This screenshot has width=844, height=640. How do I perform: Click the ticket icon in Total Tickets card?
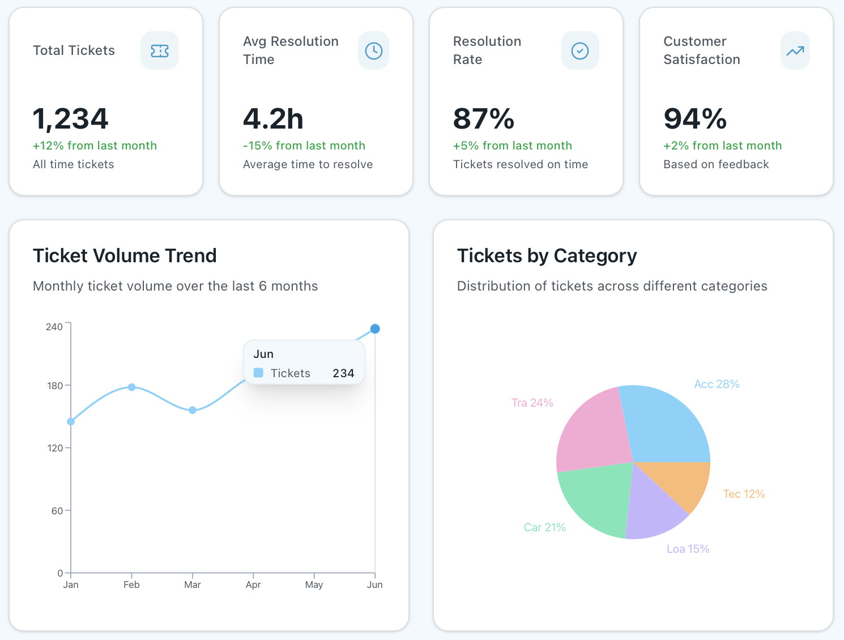coord(160,51)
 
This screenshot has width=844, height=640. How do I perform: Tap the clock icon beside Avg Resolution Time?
coord(373,51)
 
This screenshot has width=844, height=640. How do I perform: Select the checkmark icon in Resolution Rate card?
coord(579,51)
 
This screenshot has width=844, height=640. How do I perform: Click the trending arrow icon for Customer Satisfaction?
coord(795,51)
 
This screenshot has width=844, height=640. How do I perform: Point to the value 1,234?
coord(70,119)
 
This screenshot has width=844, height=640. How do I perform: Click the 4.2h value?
coord(273,119)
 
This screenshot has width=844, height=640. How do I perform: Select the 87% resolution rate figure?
coord(483,119)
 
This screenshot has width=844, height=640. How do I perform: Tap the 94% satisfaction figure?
coord(694,119)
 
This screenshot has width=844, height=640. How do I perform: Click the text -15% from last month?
coord(304,146)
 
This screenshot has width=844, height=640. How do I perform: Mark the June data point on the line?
coord(375,328)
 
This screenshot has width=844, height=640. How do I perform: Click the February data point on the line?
coord(131,387)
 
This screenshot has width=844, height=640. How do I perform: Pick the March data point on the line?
coord(193,410)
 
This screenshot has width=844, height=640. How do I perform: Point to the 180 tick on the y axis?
coord(55,386)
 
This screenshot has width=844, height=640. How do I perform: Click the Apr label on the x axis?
coord(253,584)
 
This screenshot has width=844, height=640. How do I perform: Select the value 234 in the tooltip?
coord(343,373)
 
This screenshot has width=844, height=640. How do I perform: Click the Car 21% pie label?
coord(544,527)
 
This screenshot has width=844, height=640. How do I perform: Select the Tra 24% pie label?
coord(532,403)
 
